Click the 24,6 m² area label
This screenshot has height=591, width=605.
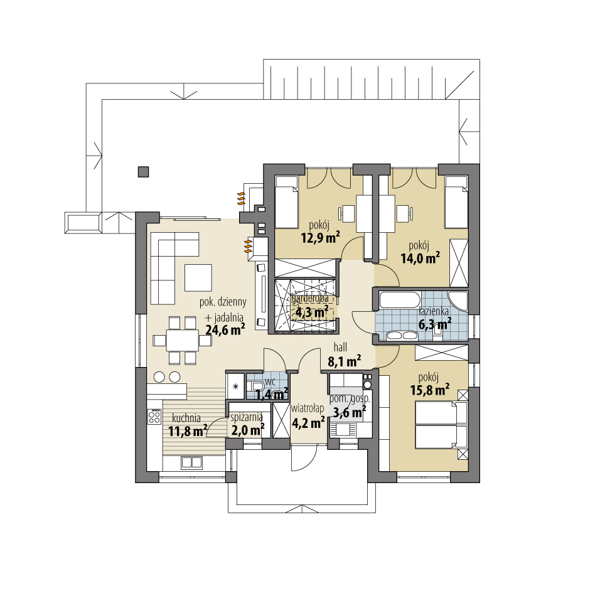point(225,329)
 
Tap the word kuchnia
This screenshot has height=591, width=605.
point(186,418)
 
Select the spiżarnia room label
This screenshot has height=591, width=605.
point(247,417)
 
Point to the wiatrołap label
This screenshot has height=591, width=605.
point(308,408)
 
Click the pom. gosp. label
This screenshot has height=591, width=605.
point(350,399)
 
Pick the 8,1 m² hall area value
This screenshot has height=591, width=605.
point(344,361)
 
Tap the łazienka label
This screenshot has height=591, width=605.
point(434,311)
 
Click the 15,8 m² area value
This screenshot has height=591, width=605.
point(429,390)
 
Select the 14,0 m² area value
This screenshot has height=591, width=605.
point(420,258)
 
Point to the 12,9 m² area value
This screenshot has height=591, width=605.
point(320,238)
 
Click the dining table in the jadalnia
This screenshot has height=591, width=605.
point(183,340)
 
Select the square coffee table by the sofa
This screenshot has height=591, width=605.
point(198,277)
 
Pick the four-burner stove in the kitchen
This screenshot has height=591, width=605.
point(154,417)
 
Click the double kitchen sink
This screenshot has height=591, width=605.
point(192,462)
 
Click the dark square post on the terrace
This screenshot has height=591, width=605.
point(144,172)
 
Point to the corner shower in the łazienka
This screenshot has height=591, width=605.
point(458,301)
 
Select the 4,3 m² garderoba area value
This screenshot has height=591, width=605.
point(312,311)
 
